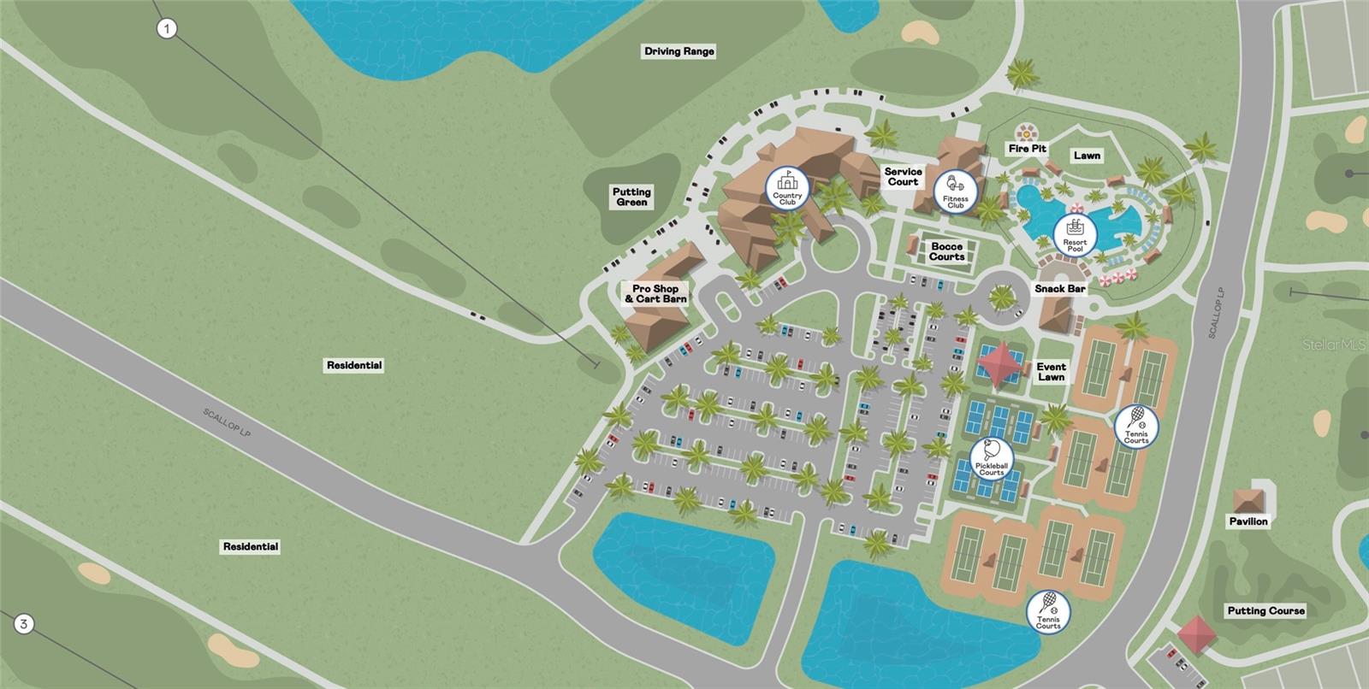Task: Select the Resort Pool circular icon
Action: click(x=1075, y=233)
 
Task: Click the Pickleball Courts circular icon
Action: click(x=991, y=459)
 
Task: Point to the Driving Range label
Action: click(x=679, y=51)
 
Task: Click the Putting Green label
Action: click(x=631, y=197)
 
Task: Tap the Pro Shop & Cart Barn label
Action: click(x=655, y=294)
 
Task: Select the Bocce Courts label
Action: click(x=946, y=251)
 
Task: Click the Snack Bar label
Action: click(x=1059, y=289)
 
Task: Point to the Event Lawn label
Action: click(x=1051, y=372)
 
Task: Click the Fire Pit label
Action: click(x=1027, y=149)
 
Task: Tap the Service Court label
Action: click(x=903, y=177)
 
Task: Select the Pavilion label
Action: click(x=1248, y=521)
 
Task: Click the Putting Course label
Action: click(x=1265, y=610)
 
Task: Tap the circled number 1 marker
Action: click(x=167, y=29)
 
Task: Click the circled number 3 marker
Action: click(x=24, y=624)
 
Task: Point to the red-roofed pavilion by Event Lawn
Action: click(x=1001, y=363)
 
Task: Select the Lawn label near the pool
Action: click(x=1087, y=156)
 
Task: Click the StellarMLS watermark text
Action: click(x=1334, y=344)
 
